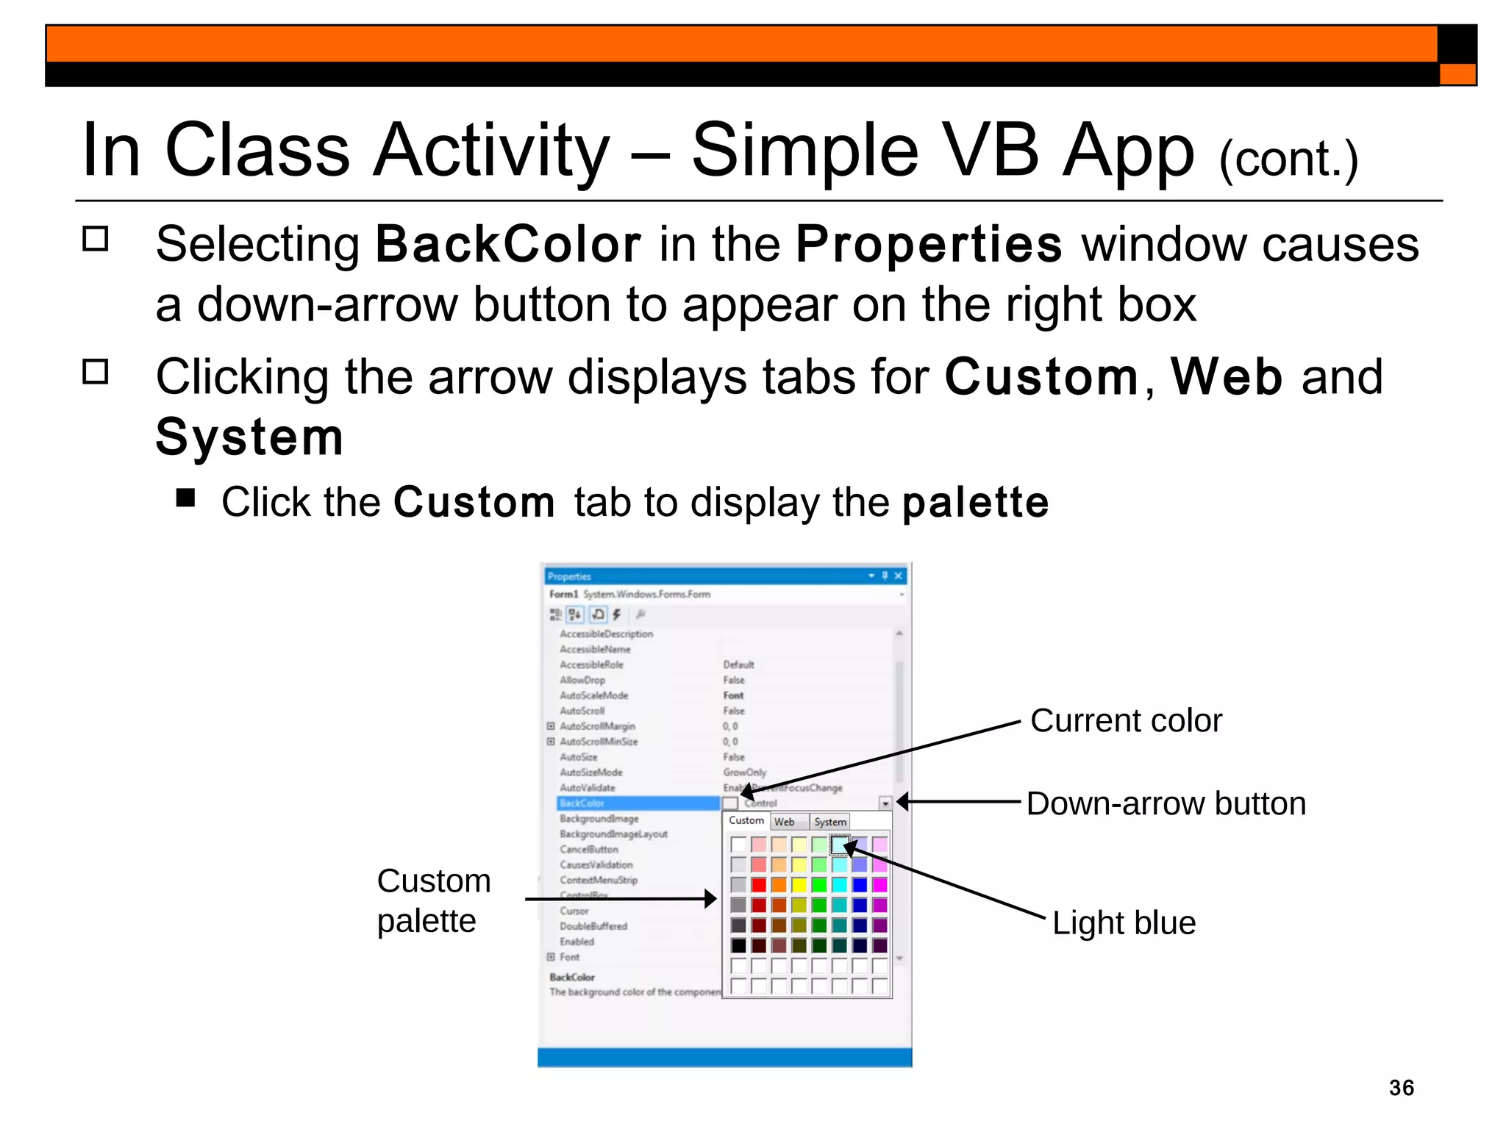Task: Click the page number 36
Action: (1401, 1087)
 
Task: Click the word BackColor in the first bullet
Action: (508, 244)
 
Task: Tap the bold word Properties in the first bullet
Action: (929, 244)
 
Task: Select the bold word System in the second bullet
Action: (249, 437)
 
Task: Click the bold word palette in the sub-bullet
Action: (975, 502)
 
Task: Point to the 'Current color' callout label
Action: (1125, 720)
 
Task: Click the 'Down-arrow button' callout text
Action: (1166, 803)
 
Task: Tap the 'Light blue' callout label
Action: (1123, 922)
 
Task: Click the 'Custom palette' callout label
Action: (433, 900)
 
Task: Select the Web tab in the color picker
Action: (784, 822)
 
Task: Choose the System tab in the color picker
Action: (829, 822)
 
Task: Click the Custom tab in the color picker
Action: (746, 820)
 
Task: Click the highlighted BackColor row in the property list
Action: (637, 803)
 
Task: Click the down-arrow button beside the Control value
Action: (885, 803)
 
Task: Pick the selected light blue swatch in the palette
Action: (839, 845)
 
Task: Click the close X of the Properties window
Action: (898, 576)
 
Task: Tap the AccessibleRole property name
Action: (591, 664)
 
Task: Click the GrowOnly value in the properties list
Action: (744, 773)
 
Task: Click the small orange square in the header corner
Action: (1457, 74)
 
